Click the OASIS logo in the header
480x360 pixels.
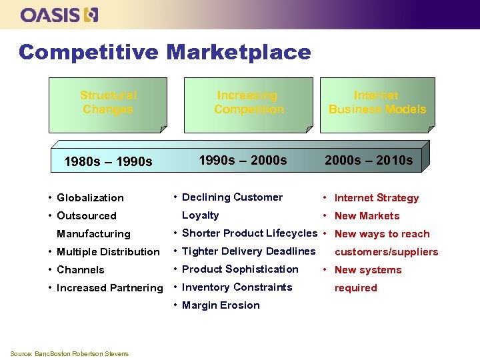click(x=59, y=15)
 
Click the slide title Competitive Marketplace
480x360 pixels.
click(x=165, y=52)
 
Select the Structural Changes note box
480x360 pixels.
click(x=107, y=103)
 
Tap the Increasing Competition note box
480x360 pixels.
click(x=249, y=103)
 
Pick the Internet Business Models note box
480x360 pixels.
click(x=377, y=103)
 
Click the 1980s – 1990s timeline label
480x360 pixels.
click(x=107, y=161)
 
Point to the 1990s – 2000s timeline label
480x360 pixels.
click(x=243, y=160)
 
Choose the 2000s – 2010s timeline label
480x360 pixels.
click(x=369, y=160)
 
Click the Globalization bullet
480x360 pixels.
click(x=90, y=198)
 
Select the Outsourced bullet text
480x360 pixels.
click(x=87, y=216)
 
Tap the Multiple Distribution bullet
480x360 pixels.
click(x=108, y=252)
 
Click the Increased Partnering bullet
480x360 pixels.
click(x=109, y=288)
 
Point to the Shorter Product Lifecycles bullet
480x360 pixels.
click(x=249, y=233)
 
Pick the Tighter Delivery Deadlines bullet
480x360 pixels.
click(x=248, y=251)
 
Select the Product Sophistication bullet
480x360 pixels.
click(x=240, y=269)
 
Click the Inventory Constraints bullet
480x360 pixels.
click(x=237, y=287)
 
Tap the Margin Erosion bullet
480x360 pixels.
click(x=221, y=305)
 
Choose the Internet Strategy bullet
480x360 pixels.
click(x=376, y=198)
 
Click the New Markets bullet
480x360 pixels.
click(x=367, y=216)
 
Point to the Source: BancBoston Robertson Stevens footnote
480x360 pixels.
click(x=69, y=353)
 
